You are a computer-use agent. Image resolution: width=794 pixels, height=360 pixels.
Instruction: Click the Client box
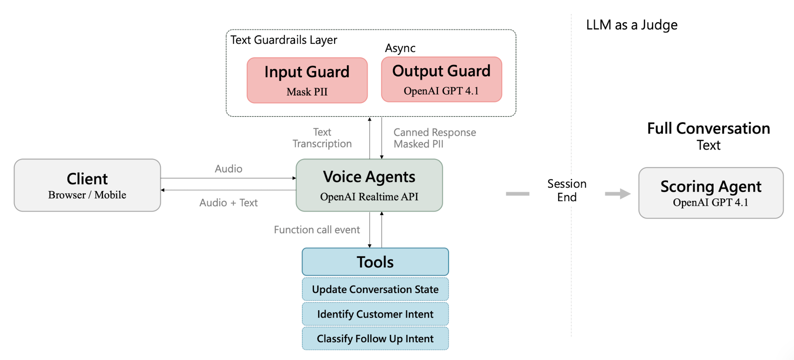87,185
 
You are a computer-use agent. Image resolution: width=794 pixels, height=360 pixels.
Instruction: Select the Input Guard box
307,80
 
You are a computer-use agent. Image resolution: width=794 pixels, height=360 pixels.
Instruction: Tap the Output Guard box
441,80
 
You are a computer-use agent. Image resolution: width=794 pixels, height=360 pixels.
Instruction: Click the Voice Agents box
369,185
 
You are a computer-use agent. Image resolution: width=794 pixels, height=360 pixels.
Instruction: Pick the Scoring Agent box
711,193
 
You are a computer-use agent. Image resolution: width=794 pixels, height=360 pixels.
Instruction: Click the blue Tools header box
375,262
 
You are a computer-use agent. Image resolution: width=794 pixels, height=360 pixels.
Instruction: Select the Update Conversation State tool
375,289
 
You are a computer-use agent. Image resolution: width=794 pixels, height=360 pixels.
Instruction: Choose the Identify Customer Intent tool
375,314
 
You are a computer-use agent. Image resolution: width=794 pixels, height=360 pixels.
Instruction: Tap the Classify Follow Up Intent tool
375,338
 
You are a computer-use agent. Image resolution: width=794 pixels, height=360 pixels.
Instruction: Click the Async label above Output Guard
400,49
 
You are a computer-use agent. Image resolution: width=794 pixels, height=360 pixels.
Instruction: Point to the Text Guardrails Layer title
283,40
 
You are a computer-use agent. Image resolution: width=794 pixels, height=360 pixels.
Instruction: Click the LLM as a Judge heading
632,25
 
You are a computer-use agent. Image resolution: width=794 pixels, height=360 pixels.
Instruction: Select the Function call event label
316,230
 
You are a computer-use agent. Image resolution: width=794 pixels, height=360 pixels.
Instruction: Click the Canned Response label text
435,132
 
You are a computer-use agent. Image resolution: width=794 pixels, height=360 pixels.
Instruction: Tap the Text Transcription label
322,138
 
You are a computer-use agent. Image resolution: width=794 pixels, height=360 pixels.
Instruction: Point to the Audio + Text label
228,203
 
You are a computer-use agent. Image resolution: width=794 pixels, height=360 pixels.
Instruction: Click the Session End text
567,190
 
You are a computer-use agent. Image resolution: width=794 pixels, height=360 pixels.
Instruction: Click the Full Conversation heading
708,128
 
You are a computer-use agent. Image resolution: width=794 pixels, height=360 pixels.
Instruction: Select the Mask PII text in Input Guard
307,92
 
